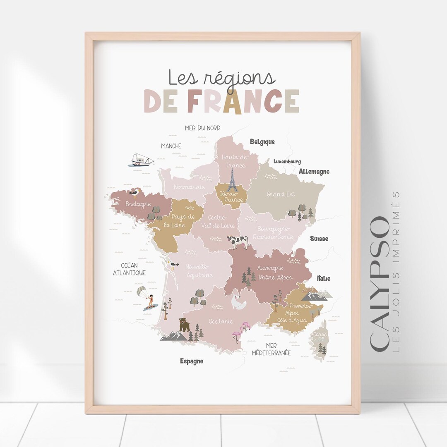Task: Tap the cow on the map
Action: [238, 241]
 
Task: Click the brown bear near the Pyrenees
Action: [184, 325]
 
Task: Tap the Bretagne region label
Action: [138, 204]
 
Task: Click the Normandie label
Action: [189, 187]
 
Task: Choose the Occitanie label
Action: [221, 321]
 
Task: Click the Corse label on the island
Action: [320, 334]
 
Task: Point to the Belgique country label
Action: [262, 142]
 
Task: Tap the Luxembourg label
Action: [287, 161]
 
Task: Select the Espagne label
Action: [192, 361]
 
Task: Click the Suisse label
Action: [319, 238]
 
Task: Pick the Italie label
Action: [324, 278]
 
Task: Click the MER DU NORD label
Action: [202, 128]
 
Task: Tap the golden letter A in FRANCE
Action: [232, 101]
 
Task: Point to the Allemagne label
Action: [314, 171]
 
